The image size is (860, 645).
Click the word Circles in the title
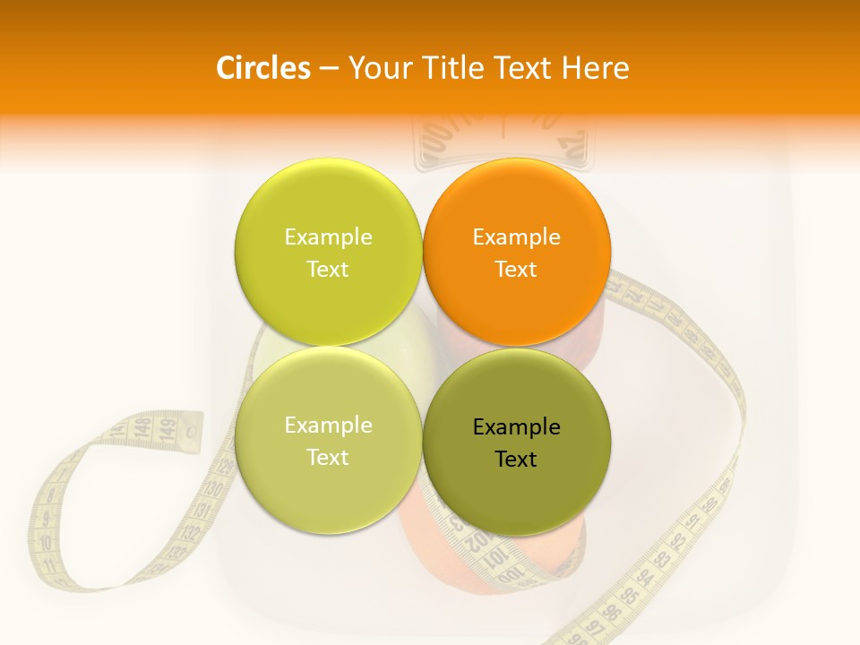[x=262, y=68]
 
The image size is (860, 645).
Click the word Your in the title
[x=379, y=68]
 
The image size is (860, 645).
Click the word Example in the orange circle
[x=516, y=237]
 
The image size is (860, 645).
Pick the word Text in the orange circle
[x=516, y=270]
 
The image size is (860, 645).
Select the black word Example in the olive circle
[x=516, y=427]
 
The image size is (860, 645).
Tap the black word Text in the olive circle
[x=516, y=460]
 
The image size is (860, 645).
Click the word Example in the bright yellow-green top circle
[x=328, y=237]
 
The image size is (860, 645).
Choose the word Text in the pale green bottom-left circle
[x=328, y=458]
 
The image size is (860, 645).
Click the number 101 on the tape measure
[x=494, y=562]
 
